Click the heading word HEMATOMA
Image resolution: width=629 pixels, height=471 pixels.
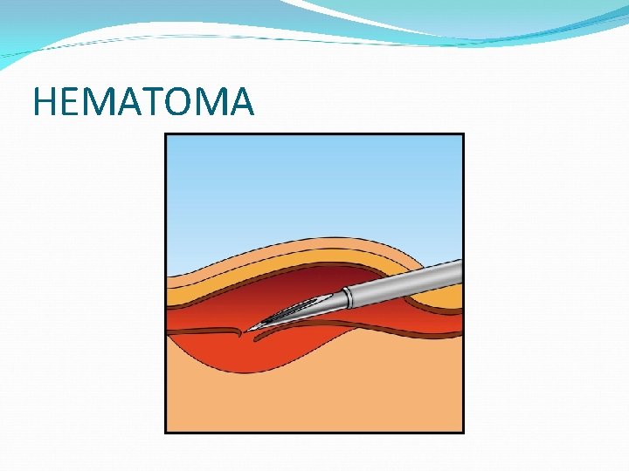pyautogui.click(x=143, y=102)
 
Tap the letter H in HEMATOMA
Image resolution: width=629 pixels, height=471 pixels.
pyautogui.click(x=45, y=102)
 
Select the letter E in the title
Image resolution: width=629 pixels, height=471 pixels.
pyautogui.click(x=68, y=102)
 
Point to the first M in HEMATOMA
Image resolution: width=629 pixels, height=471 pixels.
pyautogui.click(x=95, y=102)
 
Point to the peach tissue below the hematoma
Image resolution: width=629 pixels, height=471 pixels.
pyautogui.click(x=314, y=401)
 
